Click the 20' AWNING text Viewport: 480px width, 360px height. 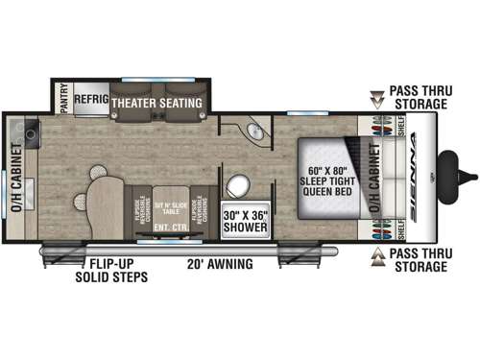(221, 263)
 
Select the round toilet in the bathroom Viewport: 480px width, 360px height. (236, 185)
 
